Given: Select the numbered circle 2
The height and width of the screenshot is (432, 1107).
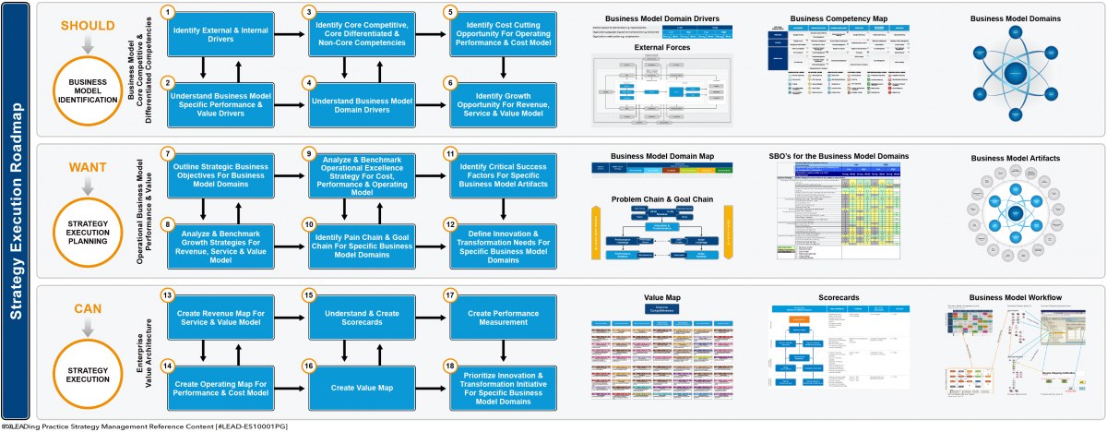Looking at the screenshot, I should (x=168, y=83).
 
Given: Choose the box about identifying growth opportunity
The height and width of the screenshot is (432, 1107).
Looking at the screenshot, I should (x=503, y=101).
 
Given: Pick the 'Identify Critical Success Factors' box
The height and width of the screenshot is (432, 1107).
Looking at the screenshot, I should (x=503, y=175).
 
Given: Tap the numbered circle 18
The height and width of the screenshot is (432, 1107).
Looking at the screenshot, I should (x=450, y=366).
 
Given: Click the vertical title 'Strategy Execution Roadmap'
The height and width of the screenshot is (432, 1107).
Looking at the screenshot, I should (x=17, y=210).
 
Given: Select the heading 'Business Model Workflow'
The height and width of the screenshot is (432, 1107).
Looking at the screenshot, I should (x=1015, y=297).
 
